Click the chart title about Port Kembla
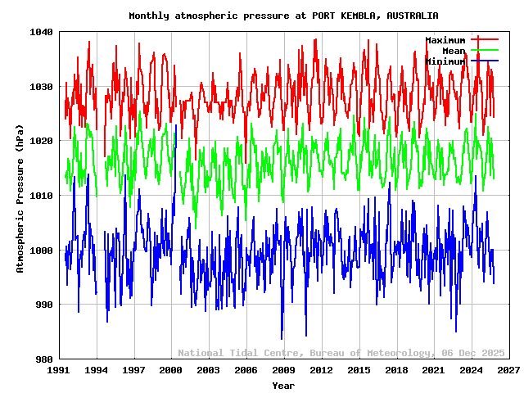point(283,16)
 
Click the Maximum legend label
point(445,40)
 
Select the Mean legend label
point(454,51)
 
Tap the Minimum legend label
point(445,61)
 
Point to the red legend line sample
point(484,39)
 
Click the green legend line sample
point(484,50)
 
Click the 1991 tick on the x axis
point(58,370)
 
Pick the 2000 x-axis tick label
point(171,370)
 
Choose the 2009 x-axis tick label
point(283,370)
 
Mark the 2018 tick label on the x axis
point(396,370)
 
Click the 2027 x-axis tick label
point(508,370)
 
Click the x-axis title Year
point(283,385)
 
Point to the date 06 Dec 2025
point(471,353)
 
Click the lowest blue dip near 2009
point(282,338)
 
